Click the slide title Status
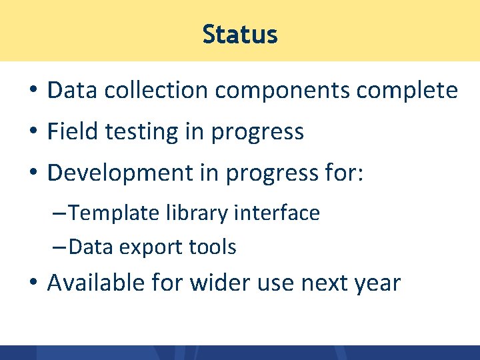tap(240, 34)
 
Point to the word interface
tap(278, 213)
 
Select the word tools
tap(213, 247)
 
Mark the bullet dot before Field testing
tap(33, 132)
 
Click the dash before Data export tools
tap(58, 247)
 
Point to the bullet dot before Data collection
tap(33, 91)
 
